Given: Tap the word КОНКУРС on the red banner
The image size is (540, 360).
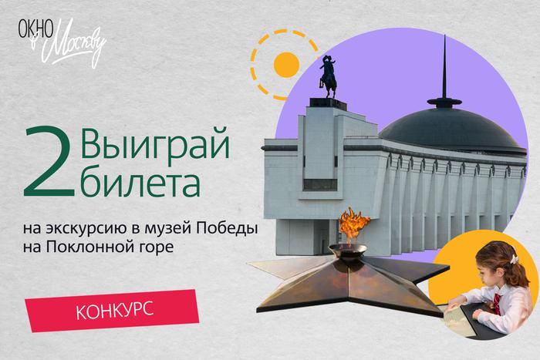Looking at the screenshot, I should pyautogui.click(x=113, y=311).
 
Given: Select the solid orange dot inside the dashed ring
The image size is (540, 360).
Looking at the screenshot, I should pyautogui.click(x=285, y=63).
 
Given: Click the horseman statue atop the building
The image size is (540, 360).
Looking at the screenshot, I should pyautogui.click(x=329, y=75).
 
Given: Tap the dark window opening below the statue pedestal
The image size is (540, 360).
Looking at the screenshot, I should pyautogui.click(x=319, y=184).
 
